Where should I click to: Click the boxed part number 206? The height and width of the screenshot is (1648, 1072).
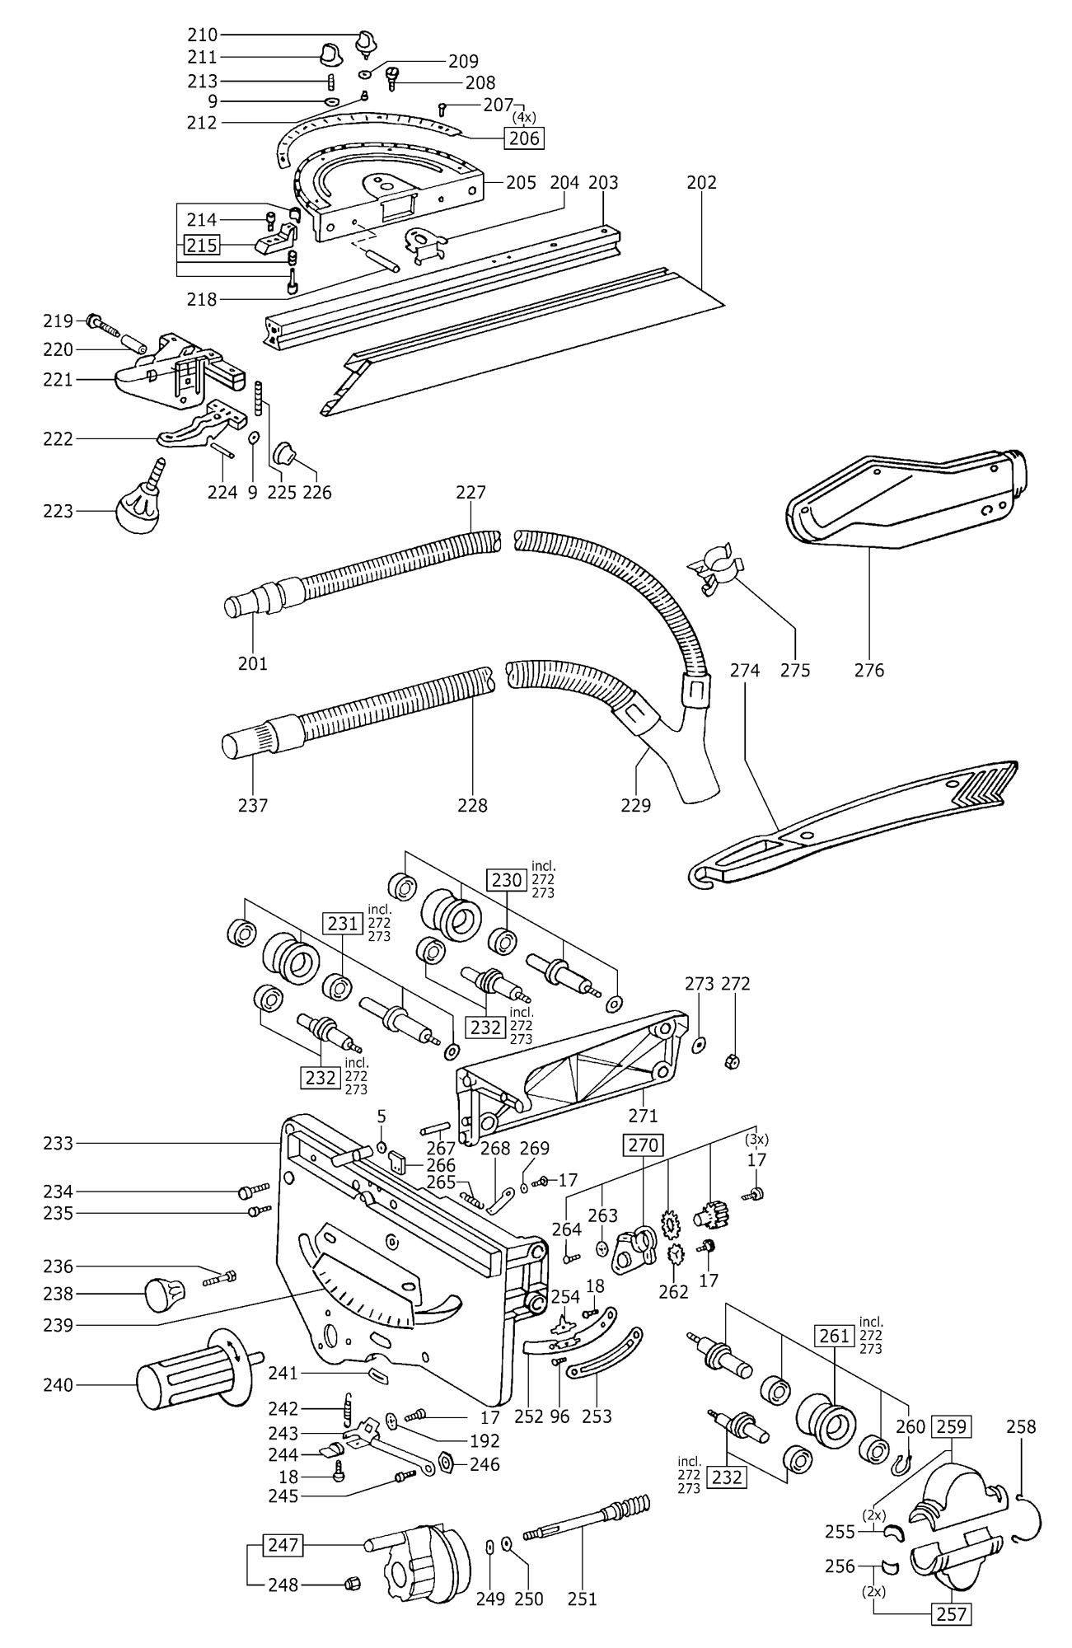(x=525, y=138)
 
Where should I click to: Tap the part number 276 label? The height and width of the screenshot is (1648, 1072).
(x=869, y=669)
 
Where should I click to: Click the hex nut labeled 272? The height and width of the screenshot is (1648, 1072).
(x=731, y=1061)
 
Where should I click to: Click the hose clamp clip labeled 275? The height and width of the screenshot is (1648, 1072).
(x=714, y=569)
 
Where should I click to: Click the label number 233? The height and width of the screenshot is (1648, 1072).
(x=59, y=1143)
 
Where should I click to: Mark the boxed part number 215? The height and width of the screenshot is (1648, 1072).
(x=201, y=246)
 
